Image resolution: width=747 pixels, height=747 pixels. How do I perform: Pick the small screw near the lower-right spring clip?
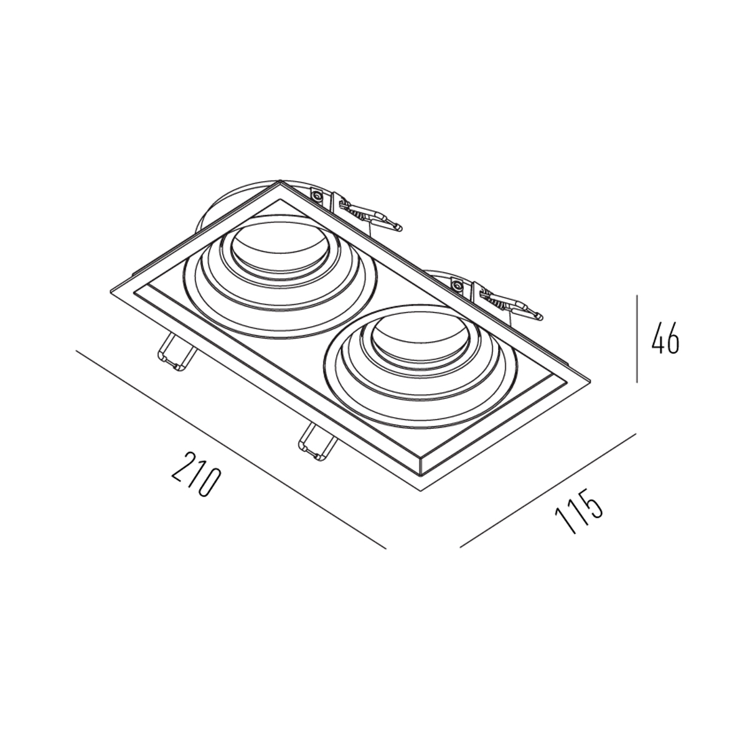[x=458, y=285]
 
